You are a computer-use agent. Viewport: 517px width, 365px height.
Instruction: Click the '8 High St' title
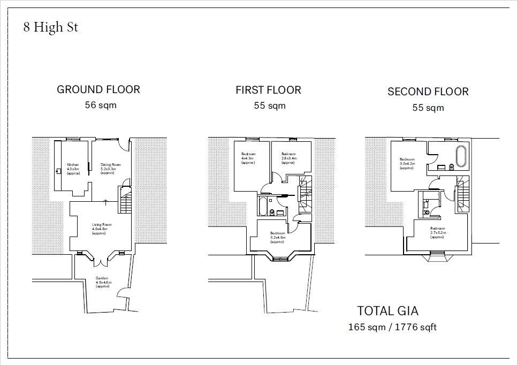click(50, 27)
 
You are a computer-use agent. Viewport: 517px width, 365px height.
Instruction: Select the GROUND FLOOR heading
click(98, 89)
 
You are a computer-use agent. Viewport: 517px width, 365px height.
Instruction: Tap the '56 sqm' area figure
click(100, 105)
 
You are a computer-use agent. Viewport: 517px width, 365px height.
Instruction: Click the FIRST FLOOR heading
click(268, 90)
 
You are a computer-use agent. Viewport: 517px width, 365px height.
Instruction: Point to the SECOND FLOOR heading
click(428, 92)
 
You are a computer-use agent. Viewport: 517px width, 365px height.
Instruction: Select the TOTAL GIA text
click(387, 310)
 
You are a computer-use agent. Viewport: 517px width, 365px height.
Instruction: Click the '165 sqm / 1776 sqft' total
click(392, 326)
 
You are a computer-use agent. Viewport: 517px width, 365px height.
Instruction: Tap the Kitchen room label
click(73, 169)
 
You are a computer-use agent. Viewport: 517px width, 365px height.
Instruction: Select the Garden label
click(102, 282)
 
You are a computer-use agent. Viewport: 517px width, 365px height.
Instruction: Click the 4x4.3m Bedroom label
click(248, 158)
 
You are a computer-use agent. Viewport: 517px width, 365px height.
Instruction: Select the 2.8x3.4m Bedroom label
click(289, 158)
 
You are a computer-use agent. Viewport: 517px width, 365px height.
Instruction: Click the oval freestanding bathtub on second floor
click(460, 157)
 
